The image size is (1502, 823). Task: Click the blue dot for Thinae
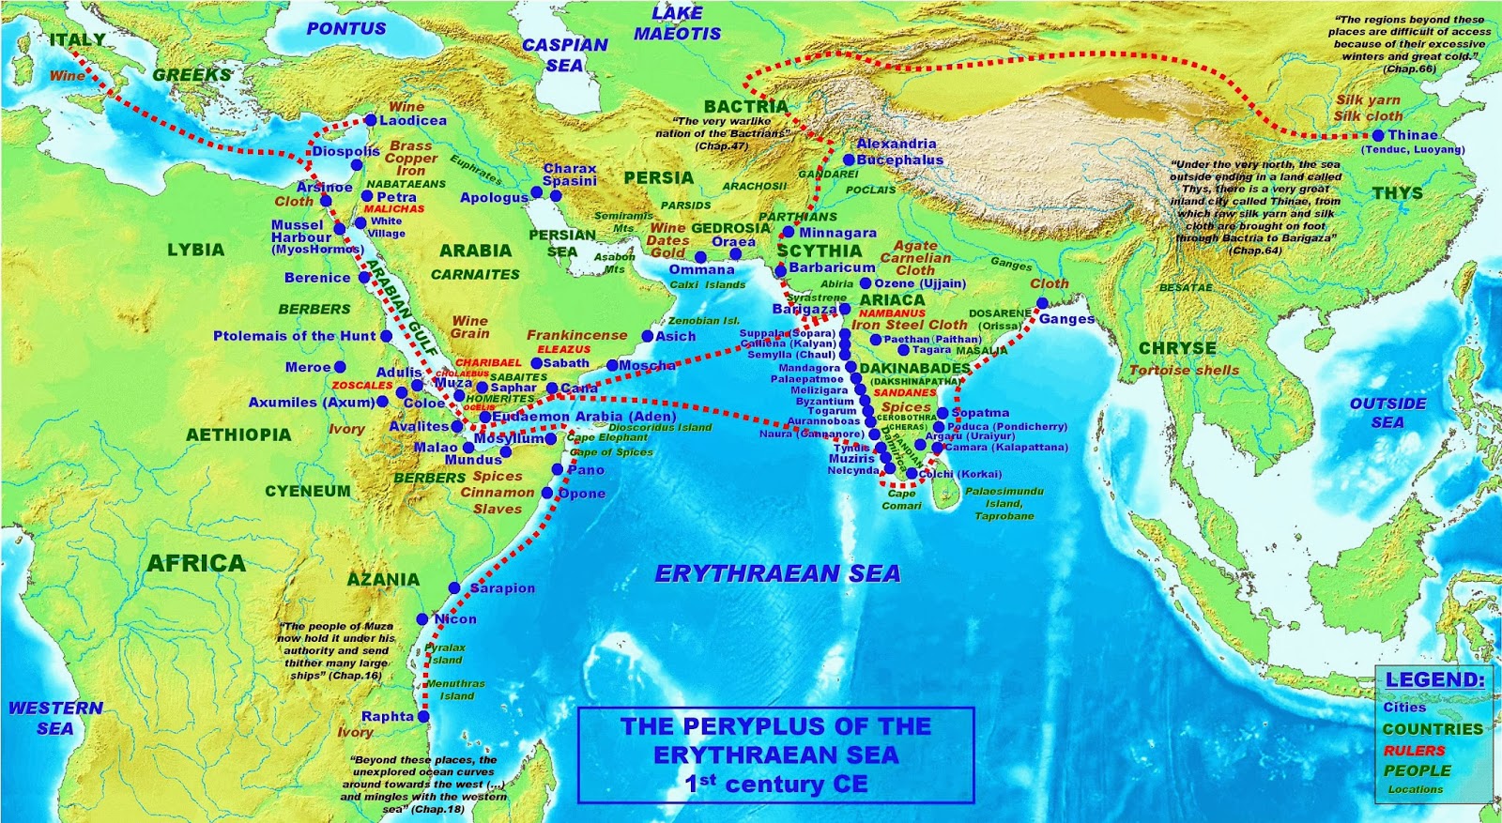coord(1378,136)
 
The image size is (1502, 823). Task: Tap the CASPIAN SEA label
coord(564,54)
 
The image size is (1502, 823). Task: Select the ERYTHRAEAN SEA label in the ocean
coord(777,573)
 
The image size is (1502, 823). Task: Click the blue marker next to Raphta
coord(423,716)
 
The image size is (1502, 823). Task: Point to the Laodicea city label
coord(413,120)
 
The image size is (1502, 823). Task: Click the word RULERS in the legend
coord(1414,750)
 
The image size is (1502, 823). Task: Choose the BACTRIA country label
coord(746,107)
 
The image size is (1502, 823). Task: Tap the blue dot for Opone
coord(547,493)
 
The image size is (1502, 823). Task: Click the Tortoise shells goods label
coord(1183,370)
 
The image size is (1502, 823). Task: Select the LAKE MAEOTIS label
coord(676,23)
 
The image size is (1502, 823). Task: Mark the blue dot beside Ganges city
coord(1042,303)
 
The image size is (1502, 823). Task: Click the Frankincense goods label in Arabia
coord(576,335)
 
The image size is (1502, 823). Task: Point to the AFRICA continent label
coord(196,563)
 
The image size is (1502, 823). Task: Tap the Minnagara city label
coord(837,233)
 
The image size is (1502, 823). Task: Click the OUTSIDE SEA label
coord(1387,413)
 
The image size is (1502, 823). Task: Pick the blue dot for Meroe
coord(340,367)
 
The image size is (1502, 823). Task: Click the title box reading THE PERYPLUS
coord(775,754)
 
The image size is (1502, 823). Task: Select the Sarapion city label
coord(502,587)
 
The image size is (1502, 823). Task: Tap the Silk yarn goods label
coord(1368,100)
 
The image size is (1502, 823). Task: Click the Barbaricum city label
coord(832,267)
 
